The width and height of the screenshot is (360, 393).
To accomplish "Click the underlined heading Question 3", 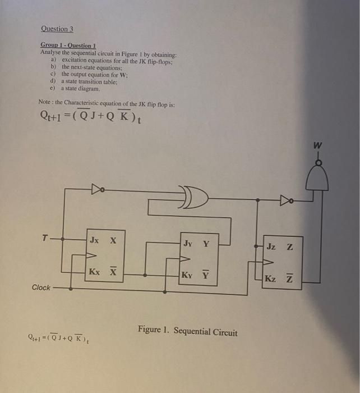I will (x=57, y=29).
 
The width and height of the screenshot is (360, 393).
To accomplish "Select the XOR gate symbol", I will (x=195, y=195).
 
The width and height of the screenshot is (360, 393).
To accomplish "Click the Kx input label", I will (x=95, y=272).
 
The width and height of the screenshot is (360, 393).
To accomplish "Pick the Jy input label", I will (x=188, y=244).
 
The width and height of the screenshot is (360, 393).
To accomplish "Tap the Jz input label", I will (x=271, y=246).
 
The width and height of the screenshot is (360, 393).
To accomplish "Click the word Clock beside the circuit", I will (x=41, y=287).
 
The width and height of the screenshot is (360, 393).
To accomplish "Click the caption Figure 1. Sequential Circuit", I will (x=187, y=331).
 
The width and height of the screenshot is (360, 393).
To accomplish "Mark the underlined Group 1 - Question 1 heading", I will (x=68, y=44).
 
